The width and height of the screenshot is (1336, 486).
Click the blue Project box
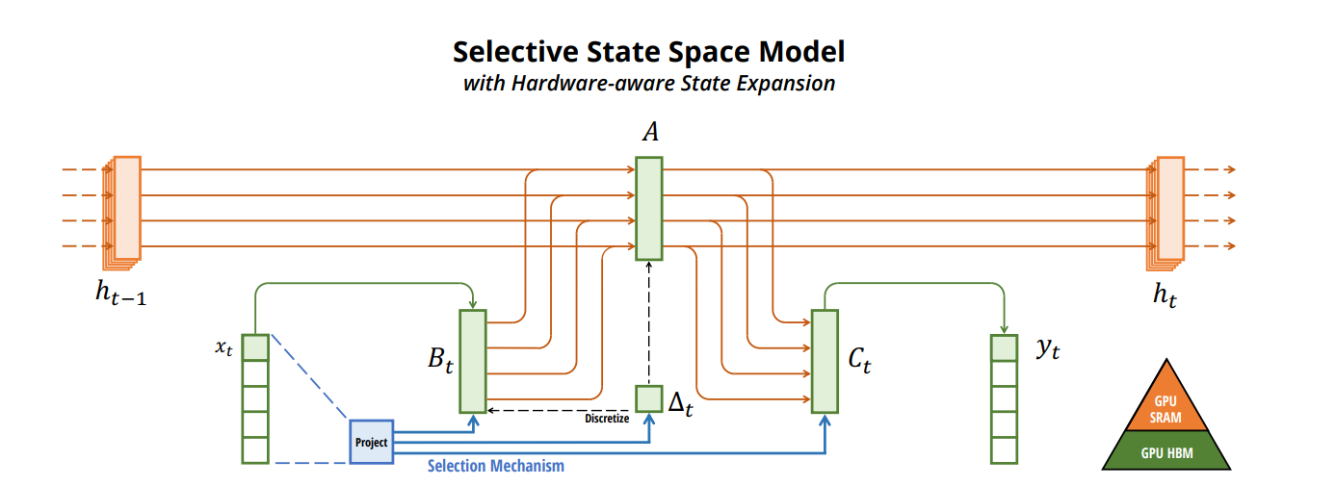point(372,442)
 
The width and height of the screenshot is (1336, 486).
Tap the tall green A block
point(649,208)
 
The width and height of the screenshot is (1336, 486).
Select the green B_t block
point(474,360)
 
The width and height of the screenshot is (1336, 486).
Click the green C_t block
point(825,360)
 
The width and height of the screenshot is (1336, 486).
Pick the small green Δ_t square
point(649,397)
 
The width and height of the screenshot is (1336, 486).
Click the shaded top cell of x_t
point(255,346)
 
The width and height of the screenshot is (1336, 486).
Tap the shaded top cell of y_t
point(1004,347)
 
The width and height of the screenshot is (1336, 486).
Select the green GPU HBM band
point(1166,450)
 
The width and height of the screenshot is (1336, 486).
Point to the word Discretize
point(607,418)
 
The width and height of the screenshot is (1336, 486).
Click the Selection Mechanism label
point(495,467)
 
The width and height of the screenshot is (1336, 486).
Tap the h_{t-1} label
point(121,295)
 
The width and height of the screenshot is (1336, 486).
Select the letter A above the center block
point(650,134)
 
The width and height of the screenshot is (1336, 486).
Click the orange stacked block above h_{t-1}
point(125,209)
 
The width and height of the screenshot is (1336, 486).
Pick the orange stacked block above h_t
point(1168,209)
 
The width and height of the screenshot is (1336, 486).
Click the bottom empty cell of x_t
point(255,450)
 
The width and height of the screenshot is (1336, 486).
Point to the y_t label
point(1048,350)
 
